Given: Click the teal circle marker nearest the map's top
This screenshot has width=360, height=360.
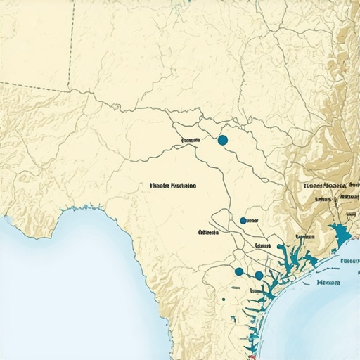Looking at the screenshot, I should [223, 141].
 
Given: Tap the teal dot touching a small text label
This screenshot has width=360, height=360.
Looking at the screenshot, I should [243, 220].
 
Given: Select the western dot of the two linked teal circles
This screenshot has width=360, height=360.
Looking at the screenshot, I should [239, 271].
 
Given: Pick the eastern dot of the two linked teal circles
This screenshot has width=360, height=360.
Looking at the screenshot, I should [259, 275].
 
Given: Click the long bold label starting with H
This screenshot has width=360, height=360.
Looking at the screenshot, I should [173, 186].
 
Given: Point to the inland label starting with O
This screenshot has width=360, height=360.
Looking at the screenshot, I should [209, 231].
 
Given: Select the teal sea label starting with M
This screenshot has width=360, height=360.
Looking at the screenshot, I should [329, 283].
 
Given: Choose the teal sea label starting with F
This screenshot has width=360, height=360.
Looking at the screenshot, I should [349, 260].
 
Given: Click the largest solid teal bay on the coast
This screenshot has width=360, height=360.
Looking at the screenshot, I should [341, 233].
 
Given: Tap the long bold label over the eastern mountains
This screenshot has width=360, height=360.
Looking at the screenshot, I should [330, 186].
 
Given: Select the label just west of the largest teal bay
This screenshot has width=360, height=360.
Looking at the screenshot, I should [305, 237].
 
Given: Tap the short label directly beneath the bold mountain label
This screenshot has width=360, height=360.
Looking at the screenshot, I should [323, 199].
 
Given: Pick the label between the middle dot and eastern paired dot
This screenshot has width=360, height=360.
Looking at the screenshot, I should [263, 245].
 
